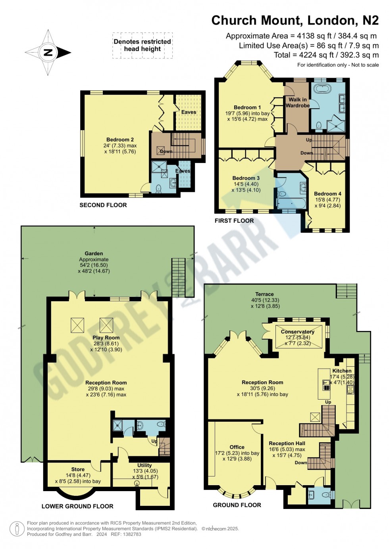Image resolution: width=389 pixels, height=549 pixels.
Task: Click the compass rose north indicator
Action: tap(48, 52)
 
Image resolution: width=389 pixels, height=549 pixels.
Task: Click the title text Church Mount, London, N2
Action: tap(295, 20)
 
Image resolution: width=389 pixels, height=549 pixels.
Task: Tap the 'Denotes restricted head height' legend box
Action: tap(142, 45)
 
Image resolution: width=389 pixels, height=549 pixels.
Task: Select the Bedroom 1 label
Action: tap(247, 107)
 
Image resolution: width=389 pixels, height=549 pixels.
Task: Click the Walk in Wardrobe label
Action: tap(297, 102)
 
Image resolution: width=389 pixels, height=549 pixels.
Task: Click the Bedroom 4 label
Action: tap(327, 194)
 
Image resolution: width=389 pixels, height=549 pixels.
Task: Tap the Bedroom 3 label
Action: tap(246, 178)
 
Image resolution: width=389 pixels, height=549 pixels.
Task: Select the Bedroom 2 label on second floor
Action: tap(120, 140)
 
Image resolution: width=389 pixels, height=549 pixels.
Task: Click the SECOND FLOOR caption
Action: tap(103, 205)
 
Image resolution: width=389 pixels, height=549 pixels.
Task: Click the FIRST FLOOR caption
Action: tap(234, 221)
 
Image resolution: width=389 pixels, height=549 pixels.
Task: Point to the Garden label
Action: tap(94, 254)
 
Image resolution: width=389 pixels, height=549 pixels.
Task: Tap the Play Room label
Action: tap(106, 338)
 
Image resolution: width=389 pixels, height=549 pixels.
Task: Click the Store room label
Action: tap(78, 469)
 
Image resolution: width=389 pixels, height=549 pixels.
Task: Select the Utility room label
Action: tap(144, 465)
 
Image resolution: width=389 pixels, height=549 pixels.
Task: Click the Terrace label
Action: tap(264, 294)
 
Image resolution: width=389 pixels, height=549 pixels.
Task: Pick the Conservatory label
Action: tap(297, 332)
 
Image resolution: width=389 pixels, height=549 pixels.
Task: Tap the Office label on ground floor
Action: tap(237, 447)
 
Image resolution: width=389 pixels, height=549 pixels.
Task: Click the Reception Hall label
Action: tap(287, 444)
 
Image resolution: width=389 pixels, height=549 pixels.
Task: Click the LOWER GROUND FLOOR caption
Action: tap(77, 506)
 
